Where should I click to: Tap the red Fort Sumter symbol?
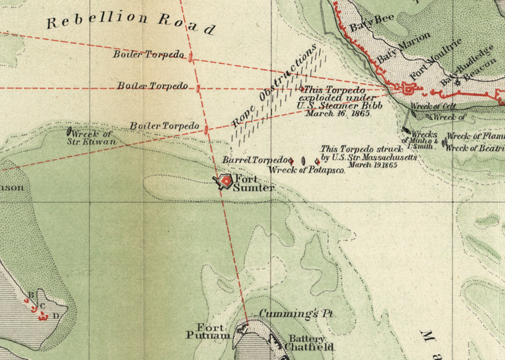click(x=225, y=182)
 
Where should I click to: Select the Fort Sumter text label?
click(x=254, y=184)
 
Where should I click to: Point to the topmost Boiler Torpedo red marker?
click(x=191, y=58)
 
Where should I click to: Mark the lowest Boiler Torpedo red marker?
click(x=206, y=129)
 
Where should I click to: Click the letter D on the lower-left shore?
click(x=56, y=315)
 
